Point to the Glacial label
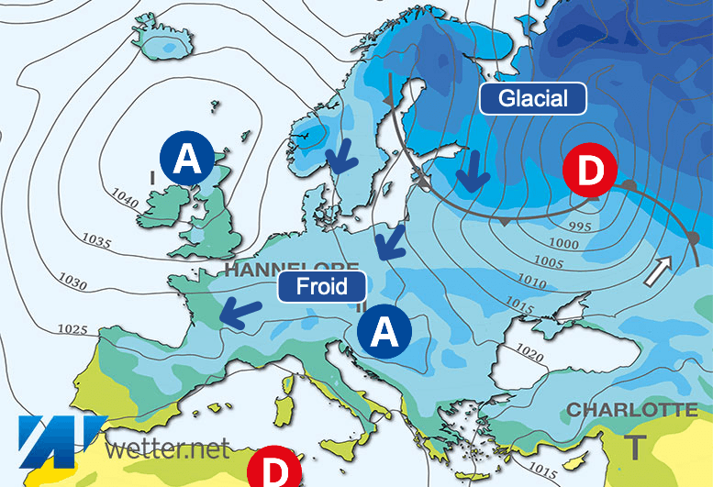pyautogui.click(x=533, y=98)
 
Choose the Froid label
pyautogui.click(x=322, y=286)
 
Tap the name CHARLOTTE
pyautogui.click(x=632, y=410)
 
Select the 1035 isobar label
pyautogui.click(x=95, y=242)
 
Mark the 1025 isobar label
pyautogui.click(x=72, y=328)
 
